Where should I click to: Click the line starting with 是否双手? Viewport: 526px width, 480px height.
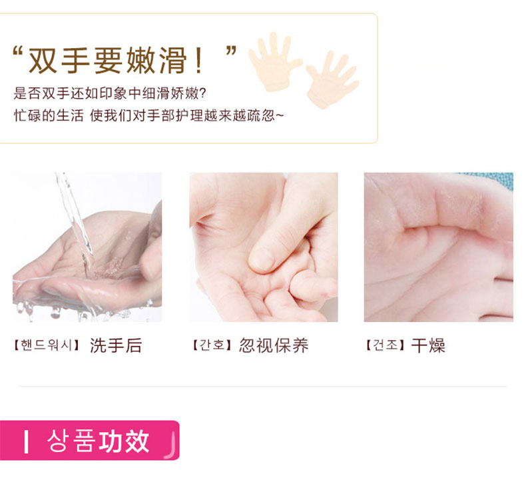pyautogui.click(x=110, y=93)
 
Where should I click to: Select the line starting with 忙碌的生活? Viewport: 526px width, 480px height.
pyautogui.click(x=148, y=116)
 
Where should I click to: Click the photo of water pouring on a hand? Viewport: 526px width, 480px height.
pyautogui.click(x=87, y=247)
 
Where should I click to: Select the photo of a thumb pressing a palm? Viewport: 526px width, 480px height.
pyautogui.click(x=264, y=247)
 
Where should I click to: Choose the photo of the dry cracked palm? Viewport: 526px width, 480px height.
pyautogui.click(x=439, y=247)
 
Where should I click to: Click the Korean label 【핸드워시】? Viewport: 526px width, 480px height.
pyautogui.click(x=47, y=345)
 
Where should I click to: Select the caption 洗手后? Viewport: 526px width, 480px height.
pyautogui.click(x=116, y=345)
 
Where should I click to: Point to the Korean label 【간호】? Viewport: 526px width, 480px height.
pyautogui.click(x=212, y=345)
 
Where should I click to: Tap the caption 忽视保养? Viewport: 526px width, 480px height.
pyautogui.click(x=274, y=345)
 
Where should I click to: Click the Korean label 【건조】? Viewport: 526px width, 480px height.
pyautogui.click(x=386, y=345)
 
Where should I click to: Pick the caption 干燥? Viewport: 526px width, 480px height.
pyautogui.click(x=428, y=345)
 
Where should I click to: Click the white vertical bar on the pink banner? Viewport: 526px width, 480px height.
pyautogui.click(x=26, y=442)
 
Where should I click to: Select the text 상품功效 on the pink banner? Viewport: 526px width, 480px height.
pyautogui.click(x=98, y=441)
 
